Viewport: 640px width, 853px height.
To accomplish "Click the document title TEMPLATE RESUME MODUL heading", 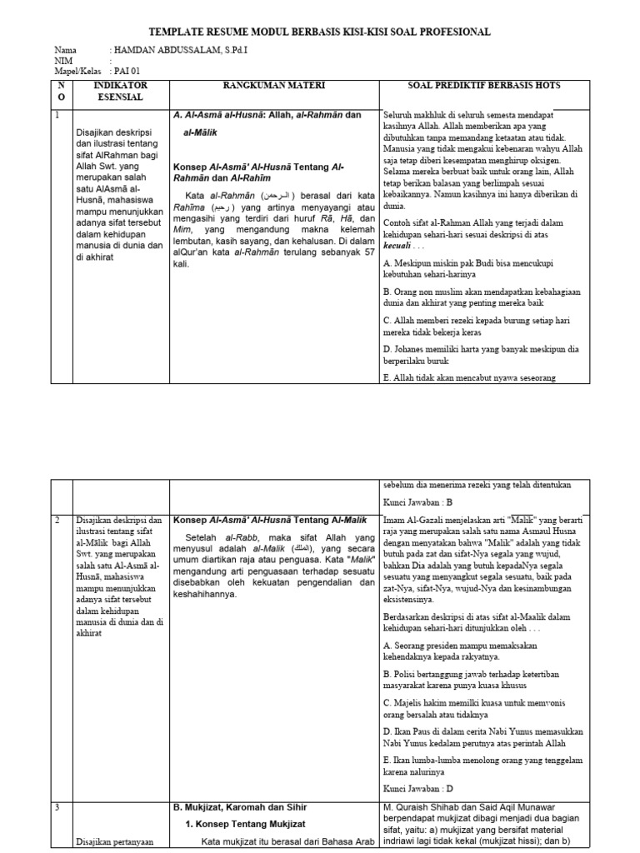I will click(x=319, y=32).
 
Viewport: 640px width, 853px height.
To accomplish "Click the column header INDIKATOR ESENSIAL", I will click(x=121, y=92).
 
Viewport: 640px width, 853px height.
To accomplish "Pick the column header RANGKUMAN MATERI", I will click(x=273, y=86).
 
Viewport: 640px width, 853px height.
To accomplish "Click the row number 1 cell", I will click(x=57, y=115).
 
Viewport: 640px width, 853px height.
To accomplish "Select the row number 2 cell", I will click(x=57, y=520).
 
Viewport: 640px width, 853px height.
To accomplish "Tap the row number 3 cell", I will click(x=57, y=807).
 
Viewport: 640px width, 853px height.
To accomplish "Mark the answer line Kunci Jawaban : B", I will click(x=417, y=503).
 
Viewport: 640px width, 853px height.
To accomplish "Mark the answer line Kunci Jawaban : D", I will click(x=417, y=788).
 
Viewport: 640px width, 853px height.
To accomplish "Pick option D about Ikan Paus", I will click(x=494, y=737).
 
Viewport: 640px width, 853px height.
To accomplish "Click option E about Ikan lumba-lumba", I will click(x=494, y=766).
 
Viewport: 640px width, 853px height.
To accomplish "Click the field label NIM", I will click(x=63, y=61).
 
